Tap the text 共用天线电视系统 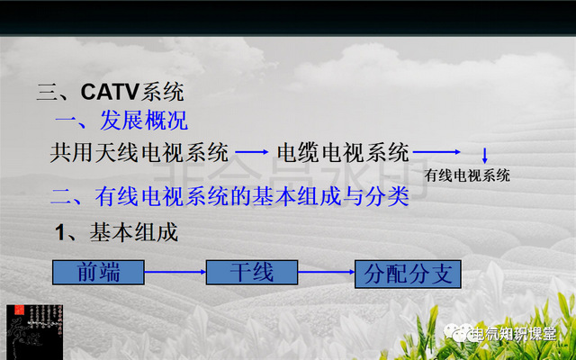(x=139, y=152)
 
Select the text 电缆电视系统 (x=343, y=152)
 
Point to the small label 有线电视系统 (x=467, y=174)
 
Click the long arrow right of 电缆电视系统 (x=437, y=152)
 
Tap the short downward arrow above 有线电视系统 (x=484, y=155)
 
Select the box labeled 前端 (x=99, y=272)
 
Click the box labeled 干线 (x=252, y=272)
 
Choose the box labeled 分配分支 (x=408, y=274)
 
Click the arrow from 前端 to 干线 (x=175, y=271)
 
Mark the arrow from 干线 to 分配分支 (x=327, y=271)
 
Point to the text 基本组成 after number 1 (x=132, y=232)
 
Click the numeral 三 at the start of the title (x=47, y=92)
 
